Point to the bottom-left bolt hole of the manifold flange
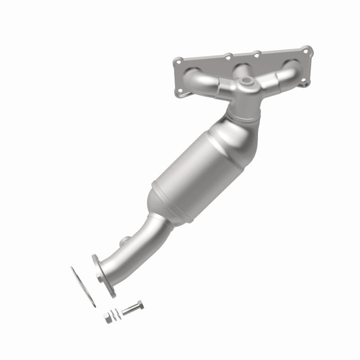click(x=180, y=91)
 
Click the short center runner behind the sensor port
click(x=242, y=68)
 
